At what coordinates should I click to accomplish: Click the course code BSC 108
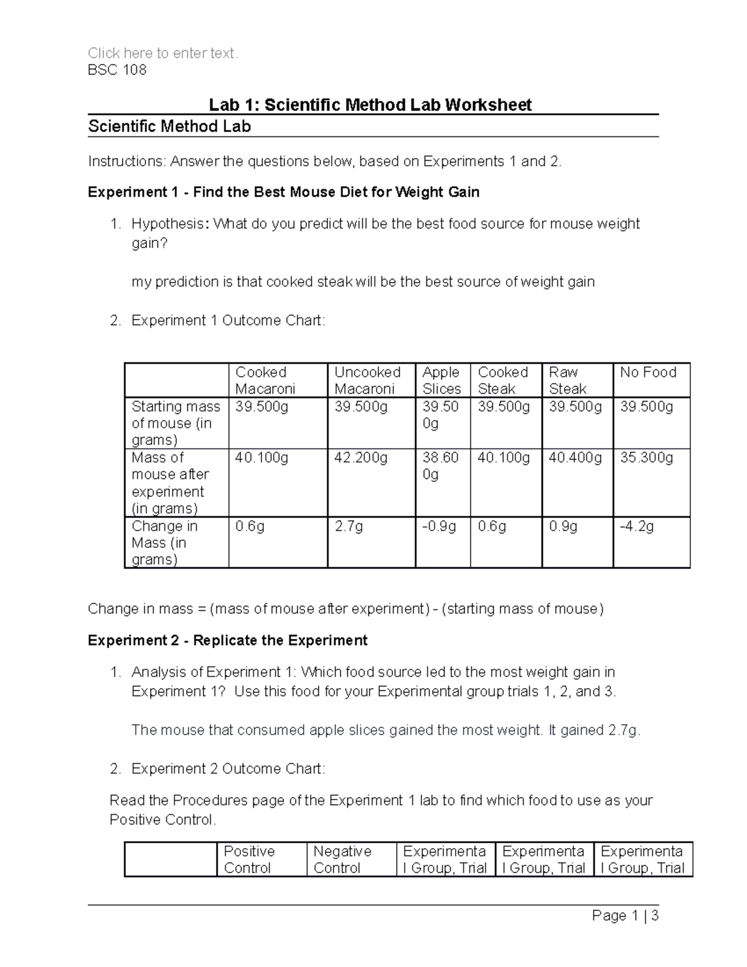pyautogui.click(x=117, y=70)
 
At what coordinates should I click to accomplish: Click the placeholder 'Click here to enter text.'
pyautogui.click(x=162, y=54)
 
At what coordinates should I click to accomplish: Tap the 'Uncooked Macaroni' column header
pyautogui.click(x=367, y=380)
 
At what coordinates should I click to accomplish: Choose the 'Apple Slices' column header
pyautogui.click(x=441, y=380)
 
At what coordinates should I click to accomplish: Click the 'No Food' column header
pyautogui.click(x=648, y=372)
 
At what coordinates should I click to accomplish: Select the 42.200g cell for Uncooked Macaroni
pyautogui.click(x=361, y=458)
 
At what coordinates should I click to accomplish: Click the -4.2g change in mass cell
pyautogui.click(x=637, y=527)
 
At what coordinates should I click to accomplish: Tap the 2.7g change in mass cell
pyautogui.click(x=349, y=527)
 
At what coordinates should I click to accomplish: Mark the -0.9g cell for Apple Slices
pyautogui.click(x=439, y=527)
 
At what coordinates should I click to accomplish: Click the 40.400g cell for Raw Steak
pyautogui.click(x=575, y=458)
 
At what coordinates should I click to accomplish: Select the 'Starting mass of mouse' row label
pyautogui.click(x=176, y=423)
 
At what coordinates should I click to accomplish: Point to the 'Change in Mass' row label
pyautogui.click(x=164, y=542)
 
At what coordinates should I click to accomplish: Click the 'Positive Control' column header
pyautogui.click(x=249, y=859)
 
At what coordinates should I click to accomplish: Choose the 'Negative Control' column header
pyautogui.click(x=342, y=859)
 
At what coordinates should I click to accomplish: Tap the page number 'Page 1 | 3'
pyautogui.click(x=625, y=916)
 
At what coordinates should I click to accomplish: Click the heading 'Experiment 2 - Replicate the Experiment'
pyautogui.click(x=227, y=641)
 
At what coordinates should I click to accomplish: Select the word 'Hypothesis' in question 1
pyautogui.click(x=166, y=224)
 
